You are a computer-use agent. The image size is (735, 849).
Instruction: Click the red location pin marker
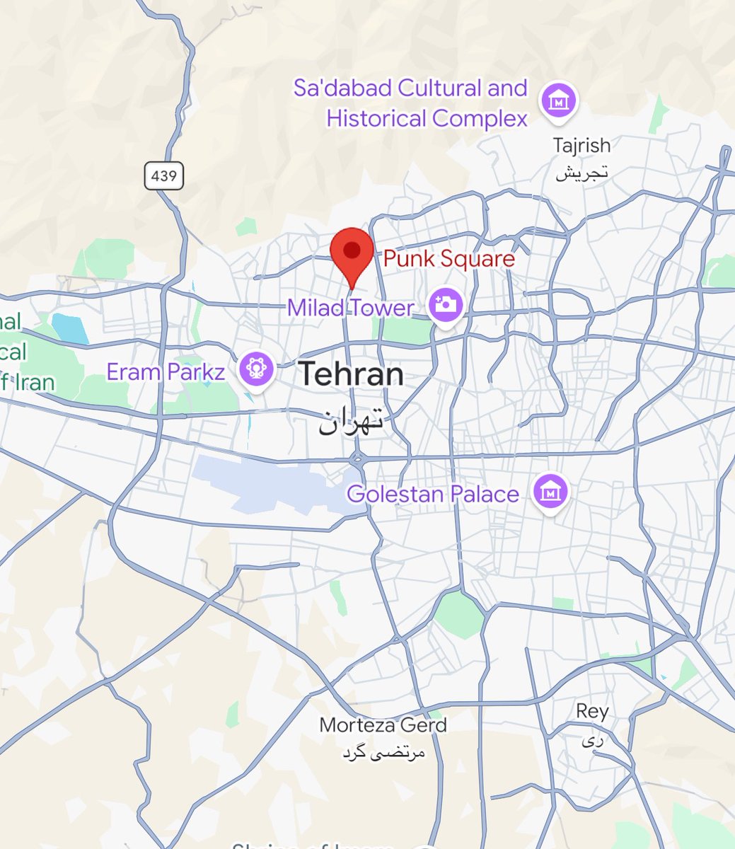(352, 252)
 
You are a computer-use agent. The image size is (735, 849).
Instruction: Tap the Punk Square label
(448, 259)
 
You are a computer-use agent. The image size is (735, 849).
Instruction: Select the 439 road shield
(164, 175)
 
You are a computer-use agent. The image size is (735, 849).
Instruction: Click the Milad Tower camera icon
(446, 306)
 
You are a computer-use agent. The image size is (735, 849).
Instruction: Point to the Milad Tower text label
(350, 308)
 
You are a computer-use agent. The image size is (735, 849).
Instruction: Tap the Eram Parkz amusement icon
(256, 369)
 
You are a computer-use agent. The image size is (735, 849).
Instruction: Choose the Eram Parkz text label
(166, 371)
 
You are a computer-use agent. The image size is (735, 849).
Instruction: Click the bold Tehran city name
(351, 374)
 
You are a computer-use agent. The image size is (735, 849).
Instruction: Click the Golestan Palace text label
(433, 493)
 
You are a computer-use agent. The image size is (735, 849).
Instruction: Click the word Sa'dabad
(342, 88)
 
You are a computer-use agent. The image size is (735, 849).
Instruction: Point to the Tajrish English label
(581, 146)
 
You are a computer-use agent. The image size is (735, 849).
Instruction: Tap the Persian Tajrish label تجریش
(581, 173)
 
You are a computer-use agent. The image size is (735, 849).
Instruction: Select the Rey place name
(592, 711)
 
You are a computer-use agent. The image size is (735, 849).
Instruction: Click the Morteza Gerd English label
(383, 725)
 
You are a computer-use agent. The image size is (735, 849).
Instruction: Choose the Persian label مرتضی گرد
(383, 753)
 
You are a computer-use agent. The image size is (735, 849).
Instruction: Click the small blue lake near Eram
(69, 328)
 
